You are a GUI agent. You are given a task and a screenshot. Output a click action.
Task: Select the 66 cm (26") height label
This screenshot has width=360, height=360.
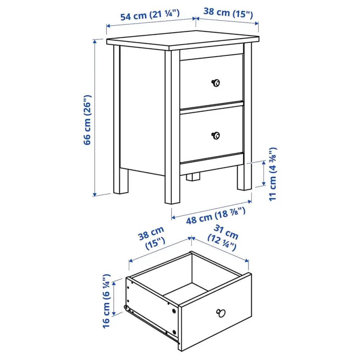click(x=87, y=120)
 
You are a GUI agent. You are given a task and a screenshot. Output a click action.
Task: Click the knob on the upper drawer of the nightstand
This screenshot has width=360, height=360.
click(x=215, y=83)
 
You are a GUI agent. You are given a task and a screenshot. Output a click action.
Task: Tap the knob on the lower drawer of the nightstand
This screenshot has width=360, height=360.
click(x=216, y=135)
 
